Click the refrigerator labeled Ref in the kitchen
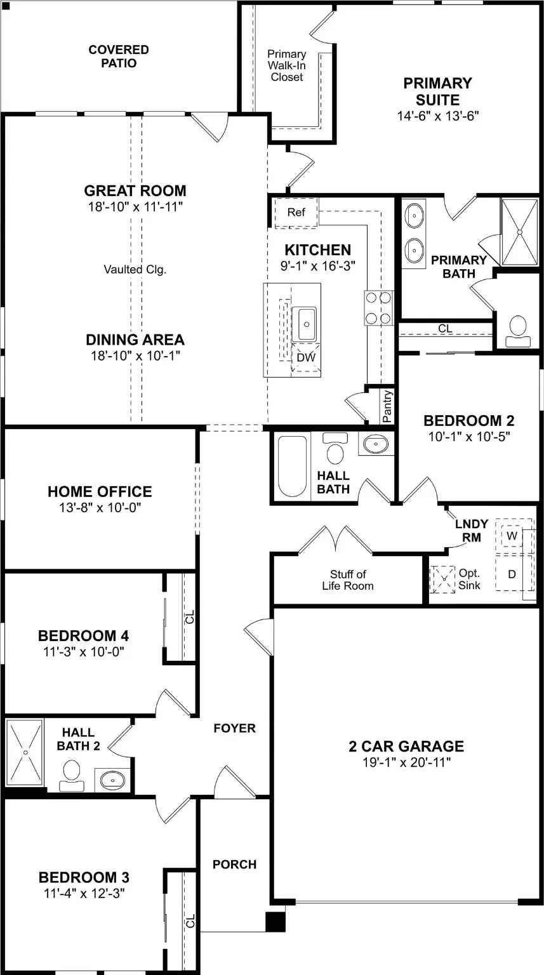pyautogui.click(x=296, y=213)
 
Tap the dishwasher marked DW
pyautogui.click(x=306, y=357)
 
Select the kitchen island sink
pyautogui.click(x=304, y=324)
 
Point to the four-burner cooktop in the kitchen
pyautogui.click(x=378, y=308)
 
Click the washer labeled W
pyautogui.click(x=512, y=535)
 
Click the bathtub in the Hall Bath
pyautogui.click(x=292, y=466)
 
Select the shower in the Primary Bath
pyautogui.click(x=520, y=232)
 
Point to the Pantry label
pyautogui.click(x=387, y=406)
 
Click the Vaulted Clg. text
pyautogui.click(x=135, y=269)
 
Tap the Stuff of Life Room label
pyautogui.click(x=348, y=580)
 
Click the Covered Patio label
pyautogui.click(x=119, y=56)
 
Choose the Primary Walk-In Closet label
pyautogui.click(x=286, y=65)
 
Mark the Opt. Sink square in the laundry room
pyautogui.click(x=442, y=580)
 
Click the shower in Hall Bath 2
pyautogui.click(x=25, y=752)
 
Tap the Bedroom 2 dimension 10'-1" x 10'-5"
pyautogui.click(x=468, y=436)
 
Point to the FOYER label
pyautogui.click(x=235, y=728)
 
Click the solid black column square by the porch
pyautogui.click(x=275, y=922)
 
